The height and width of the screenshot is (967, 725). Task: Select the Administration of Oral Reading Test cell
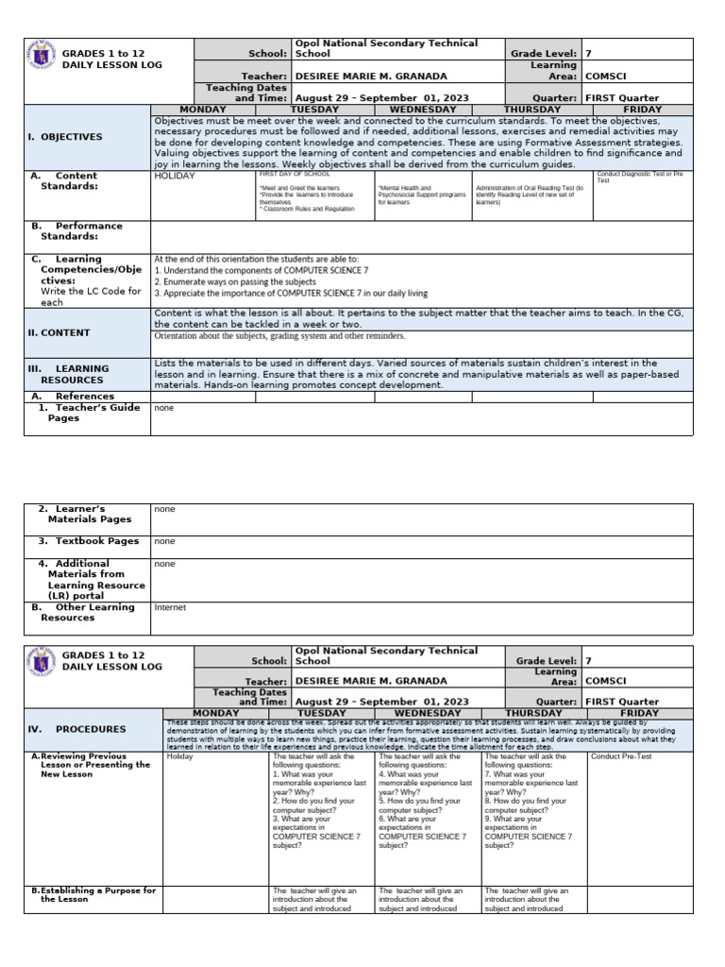point(530,195)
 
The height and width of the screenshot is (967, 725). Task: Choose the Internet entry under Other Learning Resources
point(170,607)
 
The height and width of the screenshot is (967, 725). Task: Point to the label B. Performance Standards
point(83,230)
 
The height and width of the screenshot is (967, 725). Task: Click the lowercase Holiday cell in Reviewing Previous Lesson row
point(179,756)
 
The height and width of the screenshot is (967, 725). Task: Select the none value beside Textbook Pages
point(164,541)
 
